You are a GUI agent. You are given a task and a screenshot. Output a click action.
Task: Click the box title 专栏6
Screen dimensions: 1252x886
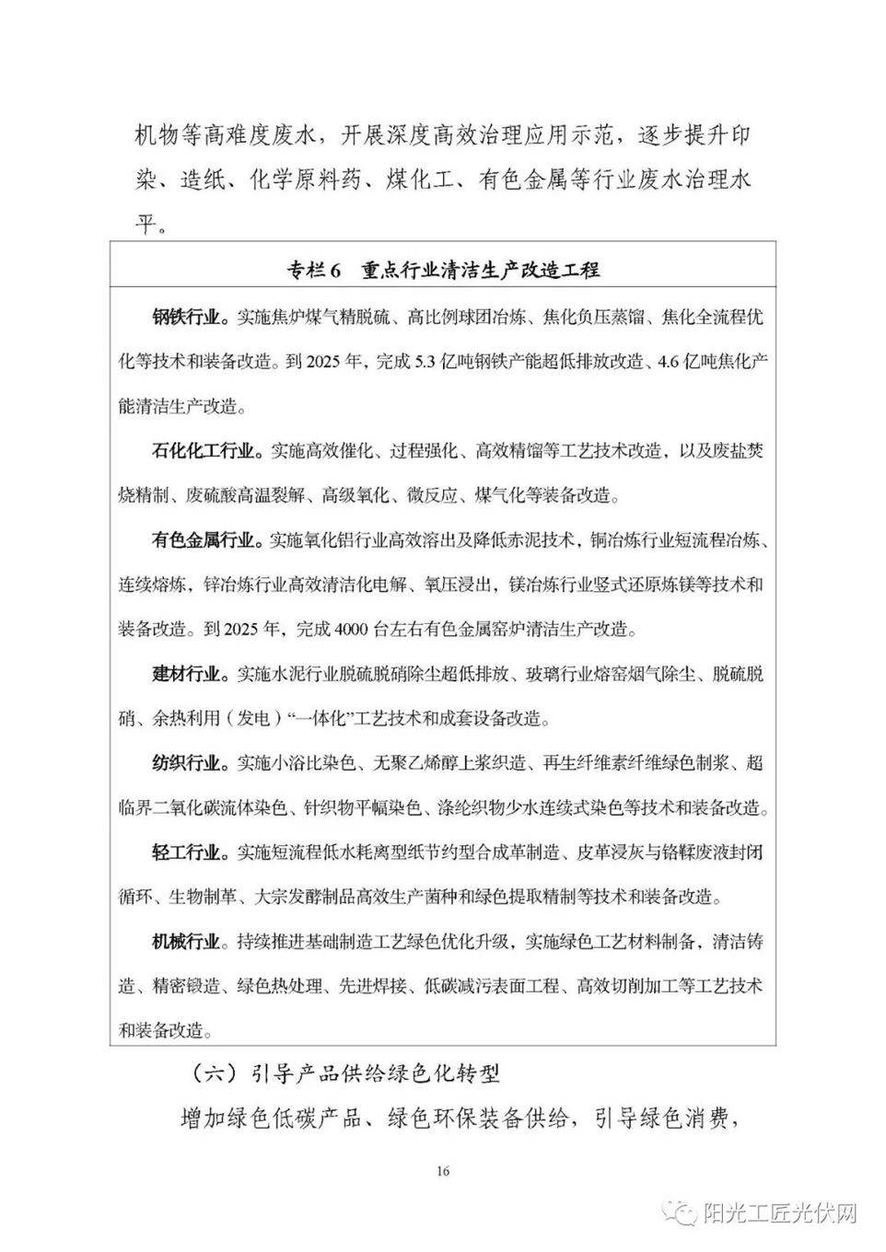[x=314, y=271]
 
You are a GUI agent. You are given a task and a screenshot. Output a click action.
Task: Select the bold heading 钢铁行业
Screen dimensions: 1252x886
[x=187, y=318]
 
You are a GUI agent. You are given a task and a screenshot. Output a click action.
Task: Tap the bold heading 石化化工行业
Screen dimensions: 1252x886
[x=204, y=451]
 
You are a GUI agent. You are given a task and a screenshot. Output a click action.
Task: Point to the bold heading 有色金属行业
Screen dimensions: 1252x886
[x=204, y=540]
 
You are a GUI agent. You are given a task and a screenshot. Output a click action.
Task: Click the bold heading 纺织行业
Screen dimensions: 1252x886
[x=187, y=763]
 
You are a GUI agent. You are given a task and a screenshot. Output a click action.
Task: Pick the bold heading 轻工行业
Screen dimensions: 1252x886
[x=187, y=852]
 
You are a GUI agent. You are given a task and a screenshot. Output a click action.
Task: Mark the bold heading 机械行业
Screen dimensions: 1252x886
[x=187, y=942]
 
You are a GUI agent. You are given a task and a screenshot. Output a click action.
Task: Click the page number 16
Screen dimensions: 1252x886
[x=443, y=1172]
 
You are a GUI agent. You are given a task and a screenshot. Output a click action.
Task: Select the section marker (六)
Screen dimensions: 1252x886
[x=216, y=1073]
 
